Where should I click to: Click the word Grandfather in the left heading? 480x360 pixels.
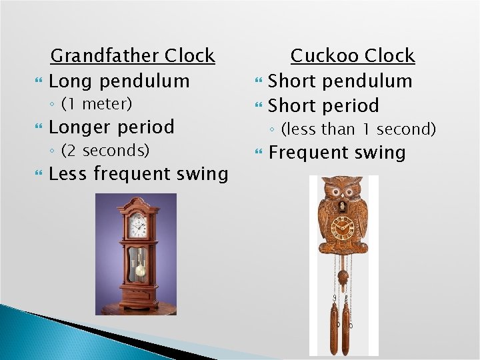point(94,55)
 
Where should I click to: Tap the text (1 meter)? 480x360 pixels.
point(97,104)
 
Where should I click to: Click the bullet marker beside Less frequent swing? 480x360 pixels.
point(40,175)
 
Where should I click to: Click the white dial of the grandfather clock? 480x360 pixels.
point(138,225)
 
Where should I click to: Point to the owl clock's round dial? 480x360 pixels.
point(344,229)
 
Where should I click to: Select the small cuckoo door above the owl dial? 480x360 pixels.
point(344,207)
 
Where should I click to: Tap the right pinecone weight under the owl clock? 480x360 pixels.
point(346,329)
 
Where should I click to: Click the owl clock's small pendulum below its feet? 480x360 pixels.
point(343,275)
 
